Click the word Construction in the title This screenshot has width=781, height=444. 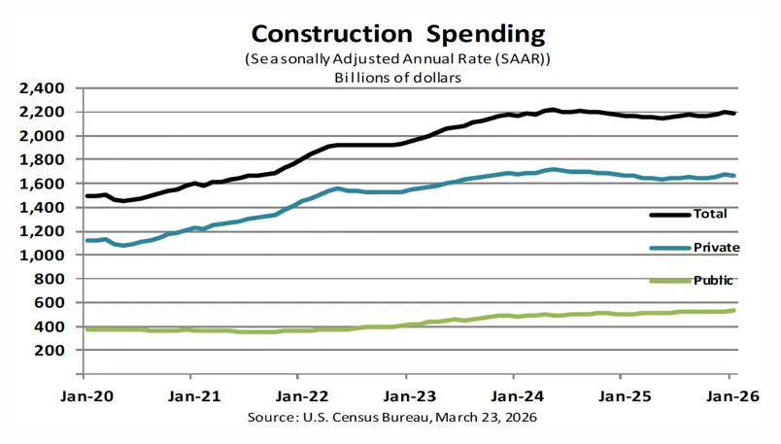coord(316,35)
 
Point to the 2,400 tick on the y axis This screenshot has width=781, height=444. coord(42,88)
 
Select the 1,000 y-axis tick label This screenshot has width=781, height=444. coord(42,256)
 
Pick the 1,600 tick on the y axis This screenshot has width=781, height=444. coord(42,184)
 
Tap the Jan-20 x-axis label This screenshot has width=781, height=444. coord(84,396)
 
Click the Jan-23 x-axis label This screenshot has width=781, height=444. coord(406,396)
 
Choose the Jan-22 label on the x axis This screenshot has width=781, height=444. coord(298,396)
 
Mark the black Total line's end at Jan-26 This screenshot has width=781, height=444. coord(731,114)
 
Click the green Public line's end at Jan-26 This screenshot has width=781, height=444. coord(731,310)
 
